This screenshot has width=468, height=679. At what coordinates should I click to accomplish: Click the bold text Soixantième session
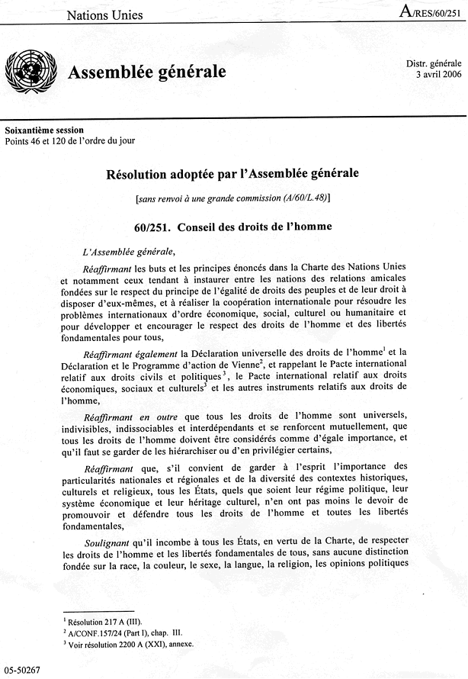(x=44, y=130)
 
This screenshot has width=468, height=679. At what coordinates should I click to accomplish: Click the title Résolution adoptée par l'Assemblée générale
(x=233, y=173)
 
